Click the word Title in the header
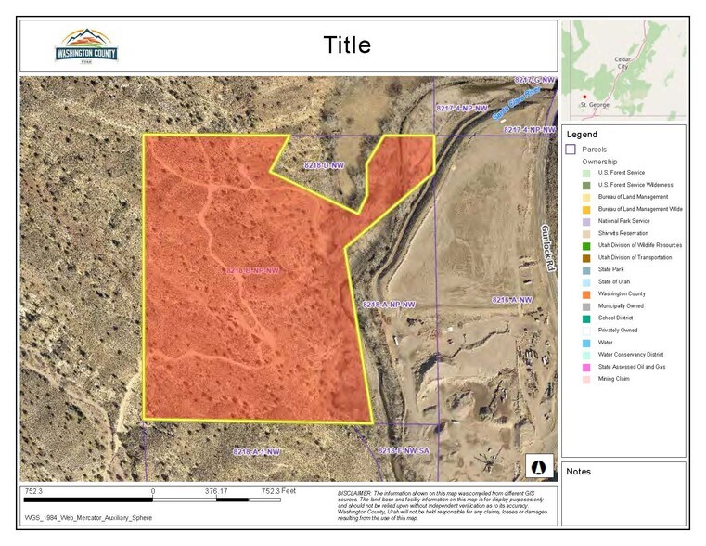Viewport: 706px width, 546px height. point(347,45)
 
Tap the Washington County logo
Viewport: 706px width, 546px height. point(86,45)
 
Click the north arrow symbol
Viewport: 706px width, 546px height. point(540,463)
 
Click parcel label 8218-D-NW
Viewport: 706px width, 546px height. point(324,165)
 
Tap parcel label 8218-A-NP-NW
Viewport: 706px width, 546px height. point(390,305)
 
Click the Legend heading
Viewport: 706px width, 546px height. point(583,134)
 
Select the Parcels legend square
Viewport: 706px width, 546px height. point(571,149)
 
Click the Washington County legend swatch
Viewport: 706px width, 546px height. point(586,293)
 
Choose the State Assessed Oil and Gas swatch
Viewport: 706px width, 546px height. point(586,367)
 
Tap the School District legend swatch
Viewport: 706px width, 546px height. point(586,318)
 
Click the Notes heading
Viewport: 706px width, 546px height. point(578,472)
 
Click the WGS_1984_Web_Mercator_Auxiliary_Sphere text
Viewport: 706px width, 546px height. point(88,518)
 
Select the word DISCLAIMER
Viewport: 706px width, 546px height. point(353,492)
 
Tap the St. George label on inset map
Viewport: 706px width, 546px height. point(595,105)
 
